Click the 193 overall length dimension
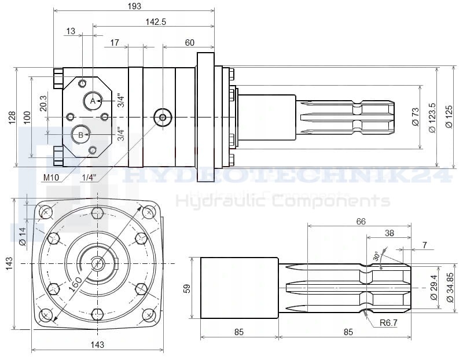134,5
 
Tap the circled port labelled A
93,101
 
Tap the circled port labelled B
80,135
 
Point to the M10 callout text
51,177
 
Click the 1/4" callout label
90,177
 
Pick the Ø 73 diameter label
415,117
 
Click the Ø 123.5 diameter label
432,117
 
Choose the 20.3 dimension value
43,104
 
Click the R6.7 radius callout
389,323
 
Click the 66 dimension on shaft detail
361,222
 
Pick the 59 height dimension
187,288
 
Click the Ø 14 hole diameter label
23,236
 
